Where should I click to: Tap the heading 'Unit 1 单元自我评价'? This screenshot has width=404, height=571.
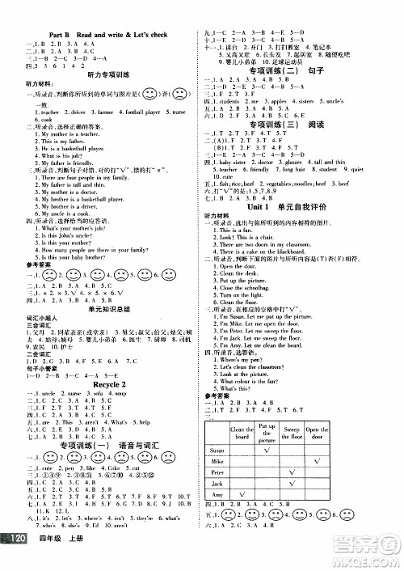(293, 207)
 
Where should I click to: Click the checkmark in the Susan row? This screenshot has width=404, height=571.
(265, 450)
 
